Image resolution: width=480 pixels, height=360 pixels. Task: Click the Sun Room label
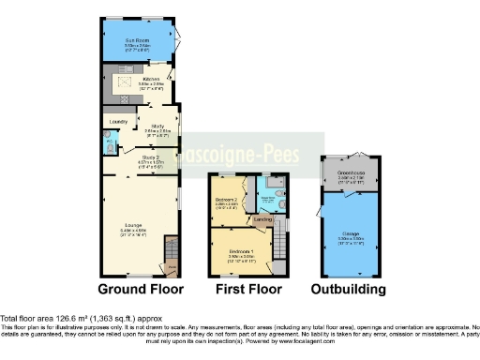pyautogui.click(x=138, y=40)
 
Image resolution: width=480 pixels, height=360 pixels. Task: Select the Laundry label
pyautogui.click(x=118, y=122)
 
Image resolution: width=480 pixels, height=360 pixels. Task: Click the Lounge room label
pyautogui.click(x=133, y=223)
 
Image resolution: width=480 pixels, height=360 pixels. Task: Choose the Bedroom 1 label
pyautogui.click(x=238, y=251)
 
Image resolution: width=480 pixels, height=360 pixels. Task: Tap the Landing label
pyautogui.click(x=263, y=220)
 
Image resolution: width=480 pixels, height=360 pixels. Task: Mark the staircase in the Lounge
pyautogui.click(x=171, y=253)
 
